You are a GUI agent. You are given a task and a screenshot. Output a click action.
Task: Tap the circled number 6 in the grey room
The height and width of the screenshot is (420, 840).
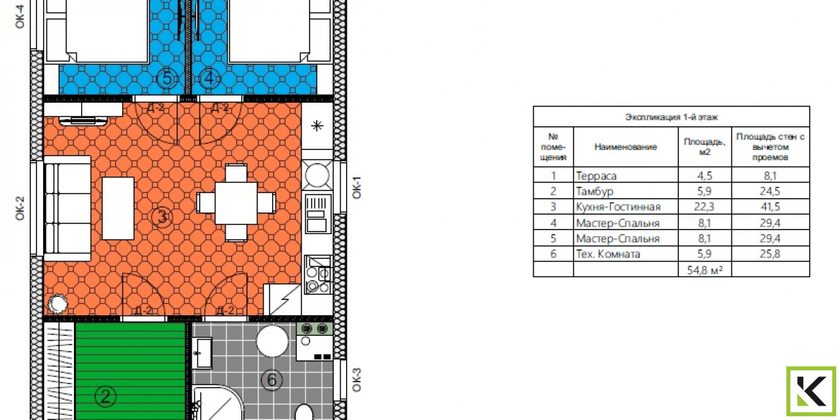click(x=271, y=381)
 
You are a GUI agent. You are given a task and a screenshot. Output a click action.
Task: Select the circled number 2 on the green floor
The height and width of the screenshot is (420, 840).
click(x=105, y=397)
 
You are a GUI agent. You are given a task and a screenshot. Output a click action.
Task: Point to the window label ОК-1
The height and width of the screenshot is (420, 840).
click(x=357, y=187)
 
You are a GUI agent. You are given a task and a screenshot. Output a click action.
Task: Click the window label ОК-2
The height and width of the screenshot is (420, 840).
click(x=20, y=208)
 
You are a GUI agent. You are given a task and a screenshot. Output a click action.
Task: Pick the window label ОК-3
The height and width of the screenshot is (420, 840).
click(x=357, y=380)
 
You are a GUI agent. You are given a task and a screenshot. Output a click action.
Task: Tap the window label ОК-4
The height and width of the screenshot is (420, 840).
click(x=20, y=15)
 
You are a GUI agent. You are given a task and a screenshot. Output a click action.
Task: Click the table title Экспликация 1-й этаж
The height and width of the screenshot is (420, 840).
click(x=671, y=116)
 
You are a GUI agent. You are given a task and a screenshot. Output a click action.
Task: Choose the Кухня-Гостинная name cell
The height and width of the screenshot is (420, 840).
click(x=618, y=207)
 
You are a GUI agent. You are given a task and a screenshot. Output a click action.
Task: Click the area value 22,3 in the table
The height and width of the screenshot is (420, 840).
click(x=704, y=207)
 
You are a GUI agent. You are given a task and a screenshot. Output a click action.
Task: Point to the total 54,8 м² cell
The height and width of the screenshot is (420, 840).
click(x=704, y=270)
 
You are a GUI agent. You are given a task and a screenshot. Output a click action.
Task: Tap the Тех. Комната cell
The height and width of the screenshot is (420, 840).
click(x=608, y=254)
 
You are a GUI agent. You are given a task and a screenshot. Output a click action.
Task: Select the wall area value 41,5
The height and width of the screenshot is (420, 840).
click(x=770, y=207)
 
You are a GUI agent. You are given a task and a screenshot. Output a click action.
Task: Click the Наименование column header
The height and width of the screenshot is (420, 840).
click(x=625, y=146)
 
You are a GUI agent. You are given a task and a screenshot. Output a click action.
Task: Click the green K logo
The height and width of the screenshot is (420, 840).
click(x=811, y=391)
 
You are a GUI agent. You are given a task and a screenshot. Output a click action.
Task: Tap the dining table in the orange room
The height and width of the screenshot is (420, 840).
click(x=236, y=202)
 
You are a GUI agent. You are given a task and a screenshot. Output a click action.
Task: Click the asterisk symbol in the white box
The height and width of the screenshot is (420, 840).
click(x=317, y=126)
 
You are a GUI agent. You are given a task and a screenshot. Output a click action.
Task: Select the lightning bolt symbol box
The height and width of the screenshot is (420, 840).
click(x=282, y=299)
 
